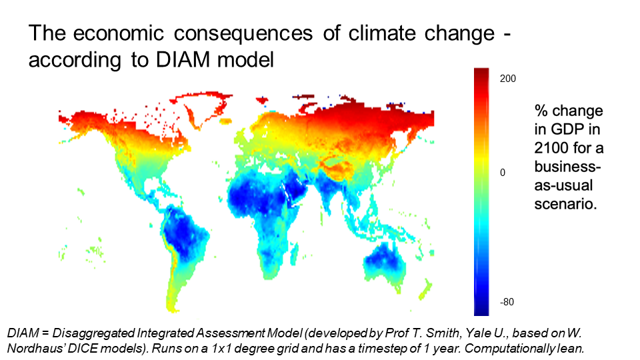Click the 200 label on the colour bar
click(508, 78)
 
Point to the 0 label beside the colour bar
click(503, 172)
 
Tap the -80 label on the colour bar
click(507, 302)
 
